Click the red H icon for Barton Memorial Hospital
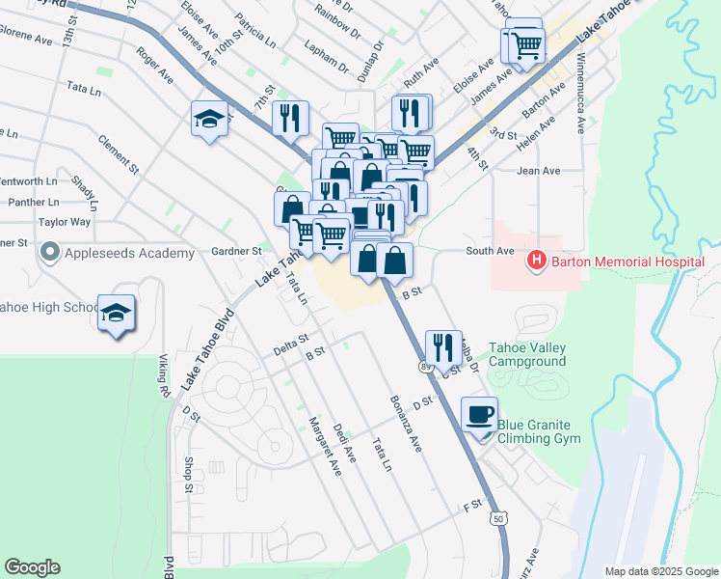[535, 261]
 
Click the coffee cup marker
[479, 415]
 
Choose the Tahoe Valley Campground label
[527, 354]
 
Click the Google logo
[32, 567]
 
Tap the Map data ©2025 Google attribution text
[660, 571]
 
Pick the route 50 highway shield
[498, 518]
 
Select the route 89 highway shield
[426, 368]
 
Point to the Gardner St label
[237, 251]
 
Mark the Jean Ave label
[538, 171]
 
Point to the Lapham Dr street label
[327, 58]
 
